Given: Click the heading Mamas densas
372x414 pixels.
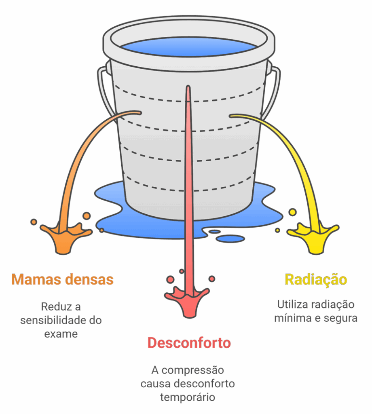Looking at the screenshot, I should (62, 279).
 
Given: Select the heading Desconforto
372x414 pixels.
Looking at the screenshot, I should (189, 343).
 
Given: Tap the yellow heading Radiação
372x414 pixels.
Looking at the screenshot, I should (316, 279).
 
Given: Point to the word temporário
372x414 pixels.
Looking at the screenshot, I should (188, 397).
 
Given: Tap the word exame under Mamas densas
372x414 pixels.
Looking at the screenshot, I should (61, 334).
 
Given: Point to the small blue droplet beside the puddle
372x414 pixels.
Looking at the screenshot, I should (230, 239).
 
